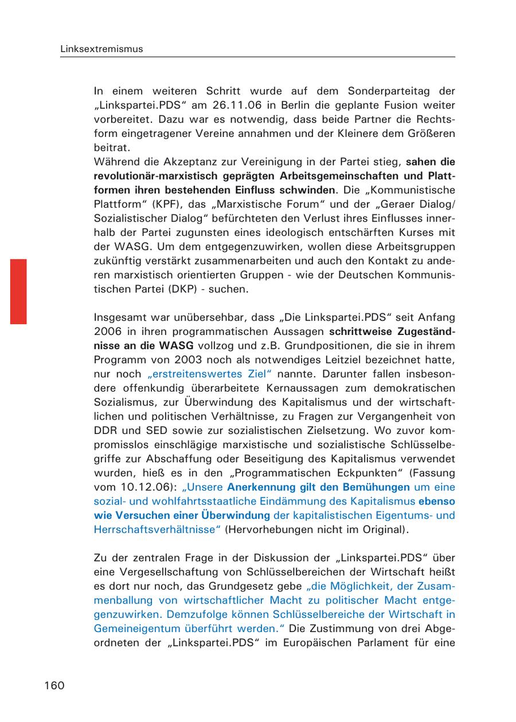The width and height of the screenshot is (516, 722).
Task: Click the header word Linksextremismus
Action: [x=101, y=49]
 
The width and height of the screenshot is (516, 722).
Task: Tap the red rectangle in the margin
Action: [x=18, y=291]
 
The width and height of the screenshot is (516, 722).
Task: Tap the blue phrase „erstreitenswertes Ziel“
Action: [x=209, y=374]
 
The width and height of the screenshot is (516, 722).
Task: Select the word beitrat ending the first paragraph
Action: [x=108, y=147]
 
